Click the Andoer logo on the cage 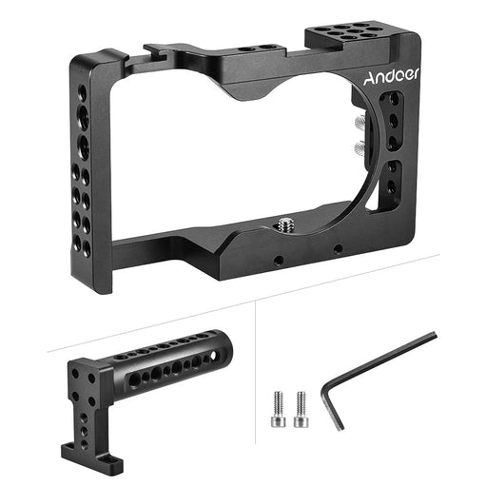pos(391,77)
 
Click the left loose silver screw pos(278,409)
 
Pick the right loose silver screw pos(301,409)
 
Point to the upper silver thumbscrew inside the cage pos(360,122)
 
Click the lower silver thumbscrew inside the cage pos(360,146)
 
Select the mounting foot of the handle pos(92,458)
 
